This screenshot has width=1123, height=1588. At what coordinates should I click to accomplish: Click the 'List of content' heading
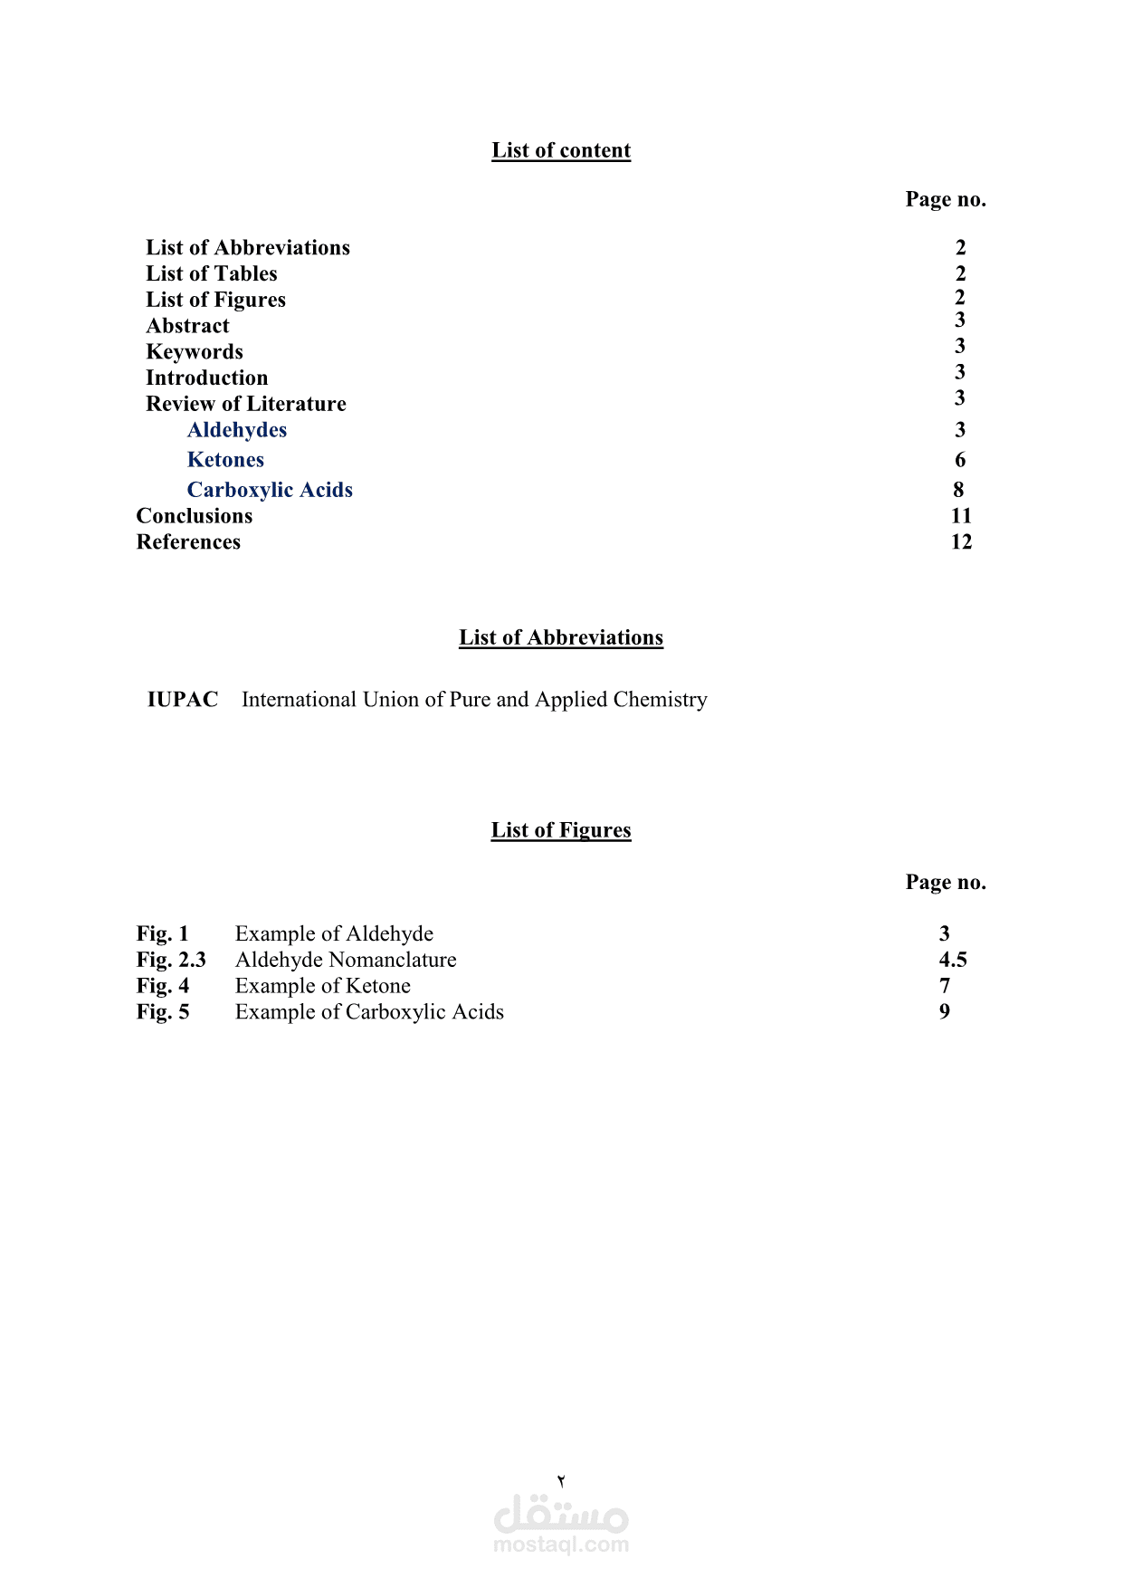[x=561, y=150]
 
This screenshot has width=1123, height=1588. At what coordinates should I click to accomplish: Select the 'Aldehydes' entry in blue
[x=237, y=430]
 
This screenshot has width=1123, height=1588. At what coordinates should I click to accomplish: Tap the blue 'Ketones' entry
[x=225, y=460]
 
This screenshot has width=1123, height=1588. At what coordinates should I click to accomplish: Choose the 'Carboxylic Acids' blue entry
[x=270, y=490]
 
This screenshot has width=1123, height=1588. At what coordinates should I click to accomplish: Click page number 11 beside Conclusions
[x=961, y=516]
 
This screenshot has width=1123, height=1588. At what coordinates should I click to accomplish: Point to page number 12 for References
[x=961, y=542]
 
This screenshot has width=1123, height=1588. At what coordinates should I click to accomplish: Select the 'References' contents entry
[x=188, y=542]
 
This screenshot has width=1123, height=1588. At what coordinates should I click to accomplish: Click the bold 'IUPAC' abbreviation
[x=183, y=700]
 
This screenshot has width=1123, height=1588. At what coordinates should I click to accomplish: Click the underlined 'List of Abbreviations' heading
[x=561, y=637]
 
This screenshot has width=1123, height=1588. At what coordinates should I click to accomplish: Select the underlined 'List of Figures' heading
[x=561, y=830]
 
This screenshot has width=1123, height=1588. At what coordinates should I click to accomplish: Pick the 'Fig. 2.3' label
[x=171, y=960]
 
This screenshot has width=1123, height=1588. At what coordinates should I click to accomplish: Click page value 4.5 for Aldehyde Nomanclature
[x=953, y=960]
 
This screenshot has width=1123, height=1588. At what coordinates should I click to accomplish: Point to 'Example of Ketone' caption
[x=323, y=986]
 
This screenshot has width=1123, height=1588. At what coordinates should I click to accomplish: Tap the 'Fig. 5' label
[x=163, y=1012]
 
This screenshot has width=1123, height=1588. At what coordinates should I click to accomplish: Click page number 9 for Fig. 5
[x=945, y=1012]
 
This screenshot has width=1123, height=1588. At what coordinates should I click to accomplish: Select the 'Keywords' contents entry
[x=195, y=352]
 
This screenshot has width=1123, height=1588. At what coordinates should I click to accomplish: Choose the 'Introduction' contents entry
[x=207, y=378]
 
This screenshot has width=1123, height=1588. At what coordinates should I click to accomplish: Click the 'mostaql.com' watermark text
[x=561, y=1545]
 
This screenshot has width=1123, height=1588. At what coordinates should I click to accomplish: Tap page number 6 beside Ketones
[x=960, y=460]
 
